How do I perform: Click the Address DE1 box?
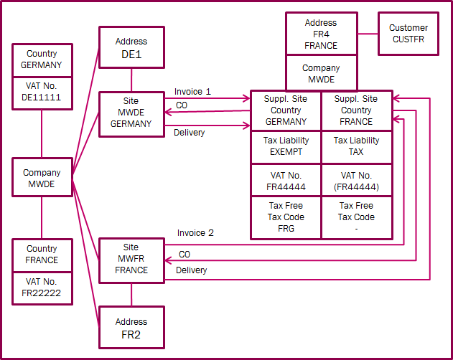[x=131, y=47]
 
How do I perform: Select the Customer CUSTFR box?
[x=408, y=34]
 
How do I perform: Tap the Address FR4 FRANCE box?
[x=321, y=34]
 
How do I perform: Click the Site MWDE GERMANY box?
[x=131, y=113]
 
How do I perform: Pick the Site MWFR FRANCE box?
[x=131, y=260]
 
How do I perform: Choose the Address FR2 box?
[x=131, y=328]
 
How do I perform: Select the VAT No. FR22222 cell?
[x=42, y=288]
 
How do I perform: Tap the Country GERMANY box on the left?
[x=42, y=60]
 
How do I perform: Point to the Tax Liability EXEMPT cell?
[x=285, y=146]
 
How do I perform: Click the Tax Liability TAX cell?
[x=356, y=146]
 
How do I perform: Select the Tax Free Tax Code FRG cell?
[x=285, y=217]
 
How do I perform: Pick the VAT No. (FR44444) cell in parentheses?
[x=356, y=181]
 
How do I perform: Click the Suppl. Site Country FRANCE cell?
[x=356, y=110]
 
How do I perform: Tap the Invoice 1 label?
[x=192, y=92]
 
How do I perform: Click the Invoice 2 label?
[x=195, y=233]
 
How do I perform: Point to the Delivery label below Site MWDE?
[x=190, y=133]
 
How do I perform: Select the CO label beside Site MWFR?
[x=185, y=255]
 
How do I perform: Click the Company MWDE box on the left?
[x=42, y=179]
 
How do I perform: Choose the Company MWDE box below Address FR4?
[x=321, y=74]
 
